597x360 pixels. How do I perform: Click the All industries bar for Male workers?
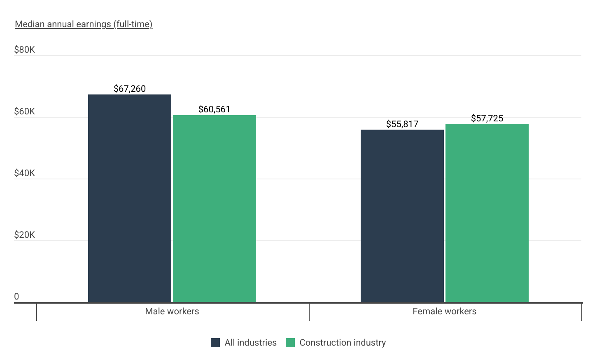130,198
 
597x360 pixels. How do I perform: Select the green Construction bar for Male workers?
215,209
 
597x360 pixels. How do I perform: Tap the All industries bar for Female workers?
402,216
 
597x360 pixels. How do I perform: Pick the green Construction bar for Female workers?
487,213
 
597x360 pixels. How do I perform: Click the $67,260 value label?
130,88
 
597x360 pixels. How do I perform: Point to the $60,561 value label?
215,109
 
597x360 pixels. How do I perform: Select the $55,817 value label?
402,124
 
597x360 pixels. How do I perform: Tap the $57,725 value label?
487,118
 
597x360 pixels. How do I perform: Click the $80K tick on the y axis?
24,50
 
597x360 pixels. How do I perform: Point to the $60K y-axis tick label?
24,111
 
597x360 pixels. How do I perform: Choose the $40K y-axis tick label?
24,173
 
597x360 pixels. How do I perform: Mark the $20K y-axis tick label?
24,235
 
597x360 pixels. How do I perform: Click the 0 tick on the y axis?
16,297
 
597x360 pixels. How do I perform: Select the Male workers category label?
172,311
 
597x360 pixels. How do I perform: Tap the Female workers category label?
445,311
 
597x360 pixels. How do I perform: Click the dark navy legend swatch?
215,343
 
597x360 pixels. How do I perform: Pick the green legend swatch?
290,343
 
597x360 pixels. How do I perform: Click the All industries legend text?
251,343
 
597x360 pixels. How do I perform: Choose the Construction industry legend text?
343,343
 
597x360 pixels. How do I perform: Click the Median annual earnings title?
84,24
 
